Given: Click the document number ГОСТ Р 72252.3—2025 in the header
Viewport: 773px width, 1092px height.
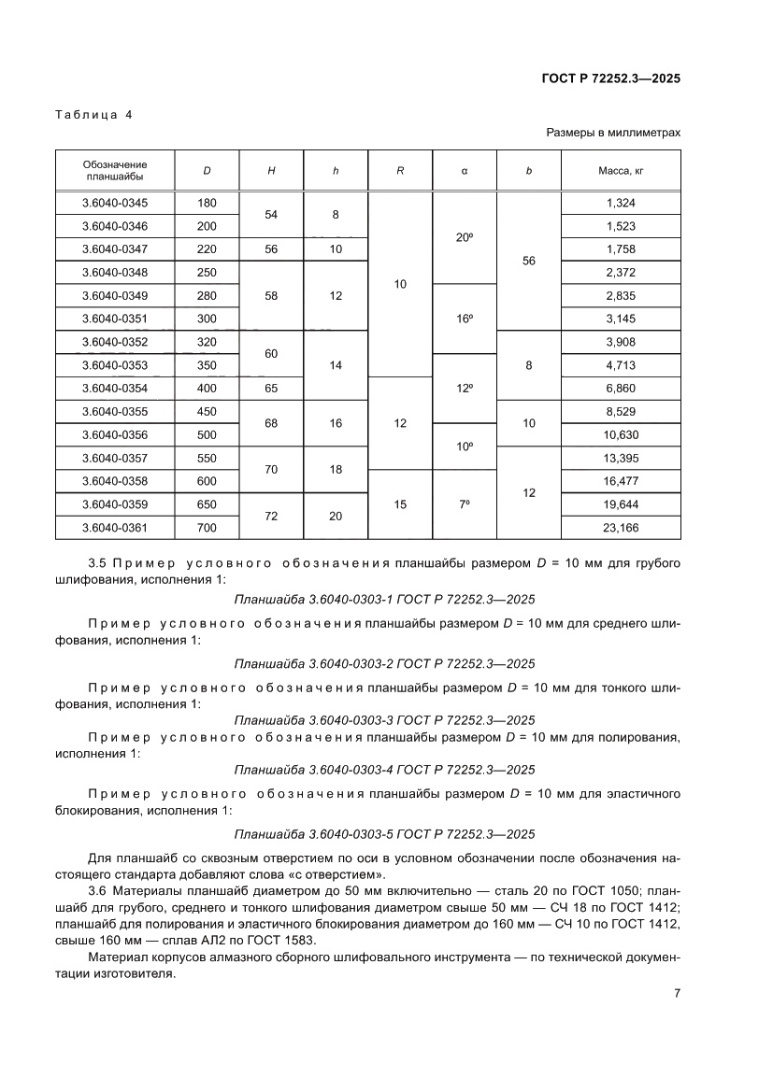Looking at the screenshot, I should coord(610,78).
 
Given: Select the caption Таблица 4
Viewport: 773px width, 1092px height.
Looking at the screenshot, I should coord(93,115).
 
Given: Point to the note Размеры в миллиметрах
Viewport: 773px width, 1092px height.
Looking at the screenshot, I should coord(613,134).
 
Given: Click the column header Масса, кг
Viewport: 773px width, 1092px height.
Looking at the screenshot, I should coord(621,171).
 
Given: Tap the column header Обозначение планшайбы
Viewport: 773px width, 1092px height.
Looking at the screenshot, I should coord(115,170).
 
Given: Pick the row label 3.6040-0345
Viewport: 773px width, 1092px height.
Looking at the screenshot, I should coord(115,203).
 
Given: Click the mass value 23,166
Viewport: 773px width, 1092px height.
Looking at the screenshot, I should coord(621,528).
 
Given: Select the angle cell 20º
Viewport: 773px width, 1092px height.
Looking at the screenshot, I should coord(464,237).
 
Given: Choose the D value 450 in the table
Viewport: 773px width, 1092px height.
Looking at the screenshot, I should coord(208,412).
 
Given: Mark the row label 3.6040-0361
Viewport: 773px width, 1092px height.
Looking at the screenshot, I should coord(115,528).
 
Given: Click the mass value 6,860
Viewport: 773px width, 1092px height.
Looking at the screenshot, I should coord(621,389).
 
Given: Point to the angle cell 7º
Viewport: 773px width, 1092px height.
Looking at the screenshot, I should coord(464,504).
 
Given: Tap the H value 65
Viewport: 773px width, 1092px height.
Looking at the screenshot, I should coord(271,389).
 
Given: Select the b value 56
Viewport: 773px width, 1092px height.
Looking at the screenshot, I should coord(528,261).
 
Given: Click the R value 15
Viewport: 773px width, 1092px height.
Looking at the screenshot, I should coord(400,504).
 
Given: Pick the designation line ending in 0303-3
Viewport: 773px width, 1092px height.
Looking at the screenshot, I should coord(384,720).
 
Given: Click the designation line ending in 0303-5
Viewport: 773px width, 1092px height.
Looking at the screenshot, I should coord(384,834).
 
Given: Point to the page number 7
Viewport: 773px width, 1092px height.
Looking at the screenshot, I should coord(676,994).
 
